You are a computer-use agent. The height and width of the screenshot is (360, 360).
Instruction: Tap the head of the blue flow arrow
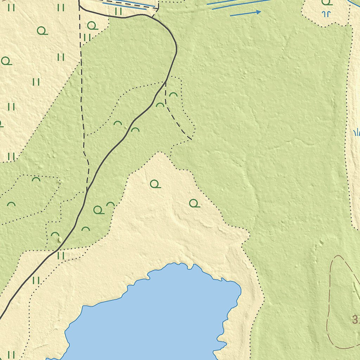(x=259, y=12)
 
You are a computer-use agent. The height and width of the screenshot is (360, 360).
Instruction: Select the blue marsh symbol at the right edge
(x=356, y=132)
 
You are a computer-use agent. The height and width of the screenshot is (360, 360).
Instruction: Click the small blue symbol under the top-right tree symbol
(x=327, y=14)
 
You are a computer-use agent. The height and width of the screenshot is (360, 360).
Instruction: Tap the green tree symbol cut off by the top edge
(x=327, y=2)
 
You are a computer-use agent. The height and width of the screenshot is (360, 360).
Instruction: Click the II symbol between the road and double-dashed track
(x=118, y=11)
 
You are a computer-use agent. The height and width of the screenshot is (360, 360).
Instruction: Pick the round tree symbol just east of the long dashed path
(x=92, y=26)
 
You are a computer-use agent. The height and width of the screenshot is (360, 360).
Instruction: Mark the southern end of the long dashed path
(x=86, y=192)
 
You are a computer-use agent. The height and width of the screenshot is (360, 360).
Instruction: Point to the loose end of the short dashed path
(x=191, y=139)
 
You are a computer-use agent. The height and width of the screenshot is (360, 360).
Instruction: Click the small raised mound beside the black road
(x=60, y=240)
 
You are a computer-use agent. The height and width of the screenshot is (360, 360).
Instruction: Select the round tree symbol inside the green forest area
(x=98, y=210)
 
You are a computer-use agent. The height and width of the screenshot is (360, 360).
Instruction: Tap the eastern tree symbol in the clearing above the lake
(x=194, y=203)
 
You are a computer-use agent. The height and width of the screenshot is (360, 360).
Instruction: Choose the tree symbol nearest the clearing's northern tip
(x=155, y=184)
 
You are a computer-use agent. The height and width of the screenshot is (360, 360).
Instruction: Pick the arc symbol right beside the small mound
(x=55, y=234)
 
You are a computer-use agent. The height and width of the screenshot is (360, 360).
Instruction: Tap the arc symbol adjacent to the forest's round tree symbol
(x=111, y=204)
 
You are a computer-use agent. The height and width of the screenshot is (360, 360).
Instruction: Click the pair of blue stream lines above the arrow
(x=239, y=4)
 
